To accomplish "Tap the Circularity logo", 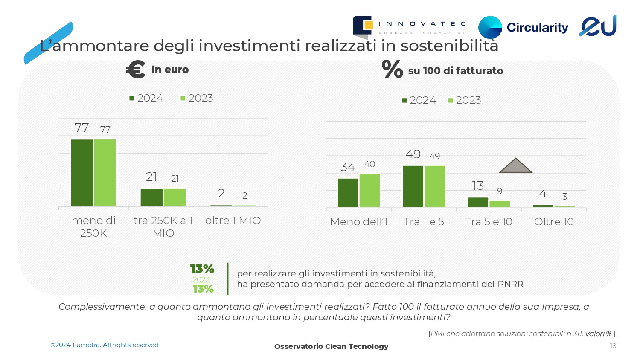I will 523,27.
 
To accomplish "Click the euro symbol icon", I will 136,70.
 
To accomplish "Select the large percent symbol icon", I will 392,70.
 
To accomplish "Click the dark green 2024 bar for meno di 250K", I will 82,173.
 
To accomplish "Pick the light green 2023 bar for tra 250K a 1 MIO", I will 175,197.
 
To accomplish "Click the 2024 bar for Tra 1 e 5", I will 413,186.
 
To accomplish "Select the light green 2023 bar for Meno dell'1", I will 369,190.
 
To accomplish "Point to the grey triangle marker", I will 515,166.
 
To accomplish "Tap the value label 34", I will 348,167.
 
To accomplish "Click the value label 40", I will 369,164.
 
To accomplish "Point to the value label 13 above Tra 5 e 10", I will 478,186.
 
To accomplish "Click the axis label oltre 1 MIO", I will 233,221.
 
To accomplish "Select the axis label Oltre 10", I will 554,222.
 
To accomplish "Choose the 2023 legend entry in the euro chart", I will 197,98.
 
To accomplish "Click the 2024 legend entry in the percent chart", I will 419,100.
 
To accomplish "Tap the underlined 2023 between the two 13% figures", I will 201,279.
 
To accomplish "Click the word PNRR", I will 510,284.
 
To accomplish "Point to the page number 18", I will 613,346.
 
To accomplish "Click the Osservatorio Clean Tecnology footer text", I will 331,346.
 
